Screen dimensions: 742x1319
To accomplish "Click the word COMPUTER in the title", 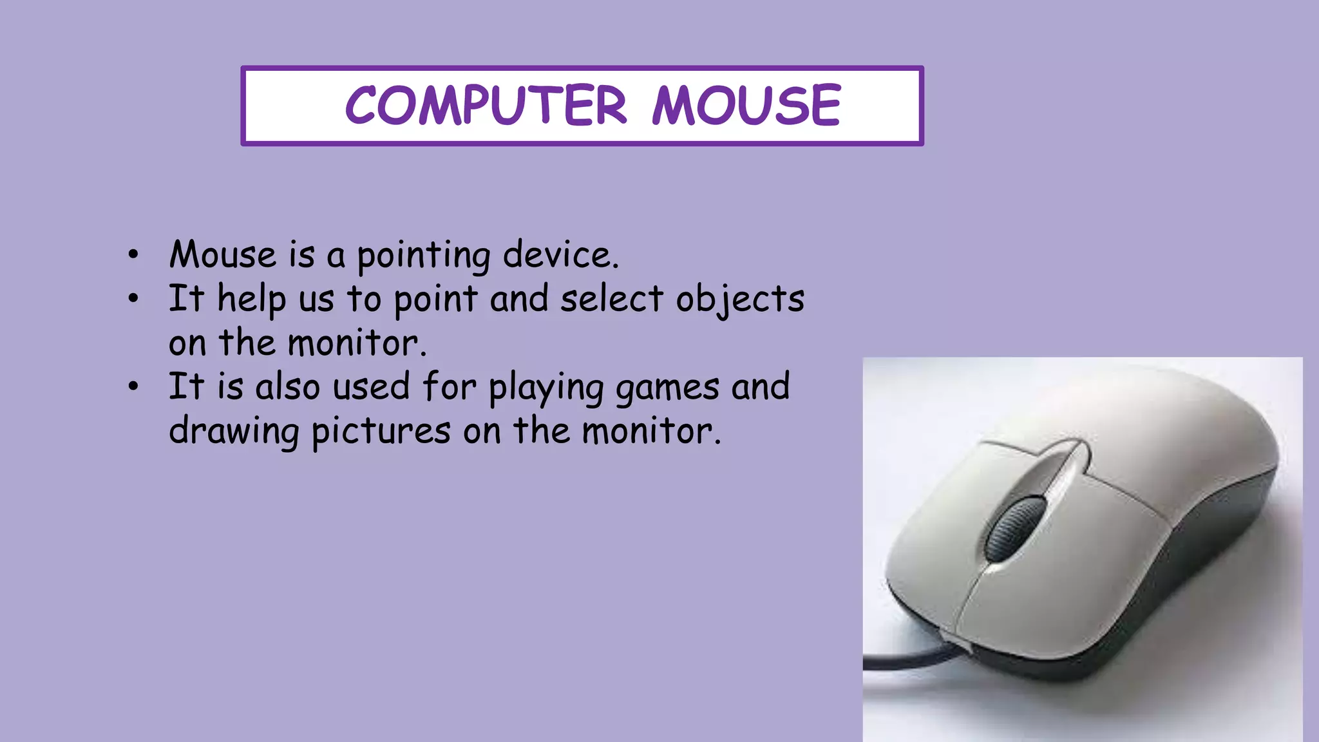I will coord(486,105).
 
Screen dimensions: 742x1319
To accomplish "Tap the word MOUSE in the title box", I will coord(746,105).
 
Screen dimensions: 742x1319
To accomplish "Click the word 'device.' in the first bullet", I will coord(560,254).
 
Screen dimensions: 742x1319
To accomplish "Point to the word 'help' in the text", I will coord(252,300).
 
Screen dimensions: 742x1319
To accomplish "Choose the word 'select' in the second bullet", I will coord(611,299).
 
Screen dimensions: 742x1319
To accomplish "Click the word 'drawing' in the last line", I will coord(234,432).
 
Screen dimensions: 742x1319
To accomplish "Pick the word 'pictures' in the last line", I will coord(381,432).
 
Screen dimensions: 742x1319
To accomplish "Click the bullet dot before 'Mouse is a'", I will coord(133,255).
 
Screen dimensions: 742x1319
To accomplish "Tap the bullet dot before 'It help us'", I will coord(133,299).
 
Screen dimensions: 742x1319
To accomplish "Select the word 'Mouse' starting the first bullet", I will coord(222,254).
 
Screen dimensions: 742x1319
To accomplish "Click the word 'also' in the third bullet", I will coord(287,387).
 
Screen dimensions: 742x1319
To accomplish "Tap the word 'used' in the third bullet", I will coord(371,387).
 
